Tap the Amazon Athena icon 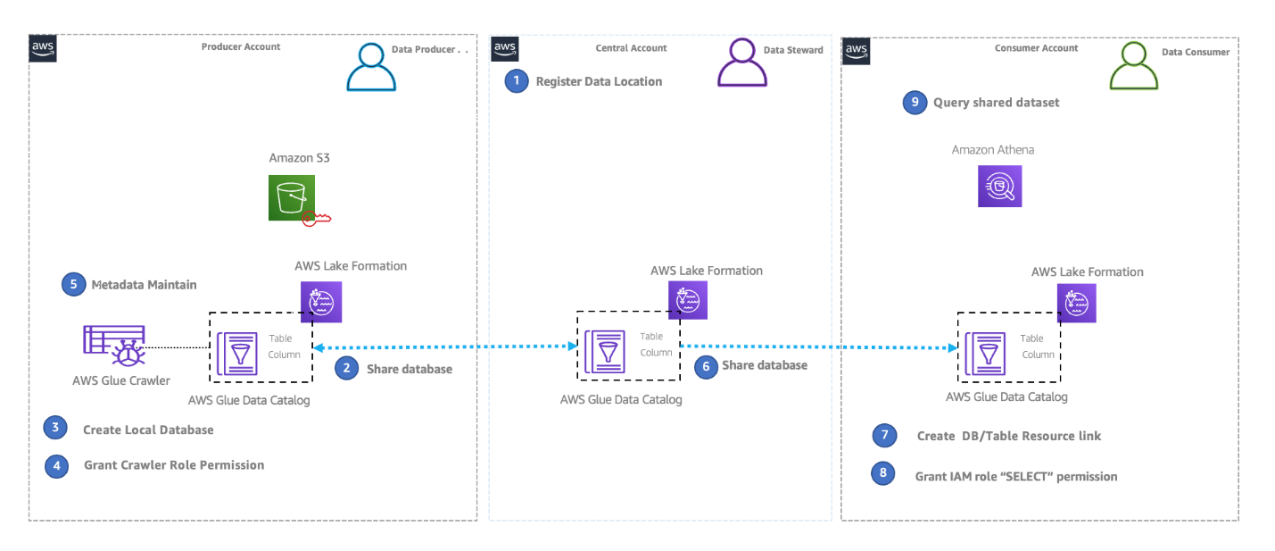[x=999, y=185]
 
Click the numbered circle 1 [x=516, y=81]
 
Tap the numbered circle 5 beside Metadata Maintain [x=73, y=284]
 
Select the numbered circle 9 [x=914, y=103]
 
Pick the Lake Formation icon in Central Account [x=687, y=300]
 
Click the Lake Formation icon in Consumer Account [x=1076, y=302]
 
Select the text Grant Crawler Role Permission [x=174, y=464]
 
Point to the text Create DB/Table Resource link [x=1008, y=436]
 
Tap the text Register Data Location [x=599, y=81]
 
